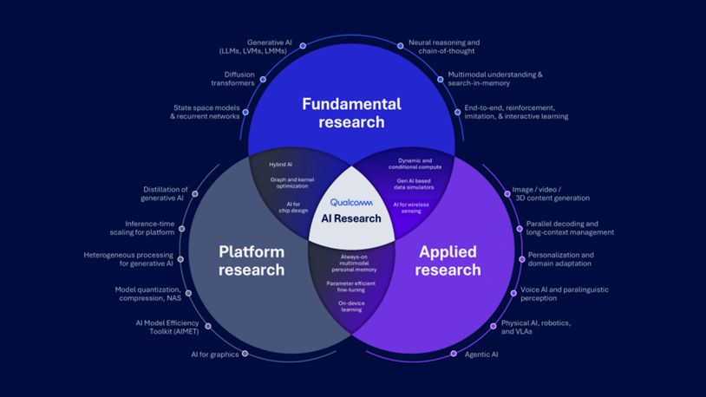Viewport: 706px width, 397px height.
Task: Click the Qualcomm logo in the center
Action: [351, 203]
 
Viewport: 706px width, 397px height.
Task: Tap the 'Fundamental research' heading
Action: [351, 113]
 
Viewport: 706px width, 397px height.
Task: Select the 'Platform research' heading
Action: [252, 261]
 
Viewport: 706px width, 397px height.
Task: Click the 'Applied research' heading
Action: [448, 261]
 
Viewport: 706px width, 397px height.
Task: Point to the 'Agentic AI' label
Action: [482, 355]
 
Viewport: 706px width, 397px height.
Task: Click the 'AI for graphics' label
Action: [215, 355]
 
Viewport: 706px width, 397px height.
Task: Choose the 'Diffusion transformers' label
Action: [232, 79]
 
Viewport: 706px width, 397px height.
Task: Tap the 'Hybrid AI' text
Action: [281, 165]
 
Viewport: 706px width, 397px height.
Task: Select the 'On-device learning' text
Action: [351, 306]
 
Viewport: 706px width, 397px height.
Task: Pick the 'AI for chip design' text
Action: [293, 207]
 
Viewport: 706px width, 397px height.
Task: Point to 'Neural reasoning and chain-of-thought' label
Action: [444, 46]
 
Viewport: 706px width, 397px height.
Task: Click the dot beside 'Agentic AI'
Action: [454, 354]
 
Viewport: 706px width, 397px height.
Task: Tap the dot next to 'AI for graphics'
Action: [245, 354]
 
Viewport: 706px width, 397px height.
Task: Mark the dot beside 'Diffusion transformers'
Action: [263, 78]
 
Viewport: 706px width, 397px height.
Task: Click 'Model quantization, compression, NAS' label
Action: [148, 294]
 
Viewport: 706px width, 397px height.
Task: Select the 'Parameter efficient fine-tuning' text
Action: [351, 286]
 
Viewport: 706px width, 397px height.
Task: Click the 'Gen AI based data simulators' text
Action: [414, 184]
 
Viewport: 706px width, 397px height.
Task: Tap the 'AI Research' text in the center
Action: [351, 218]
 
